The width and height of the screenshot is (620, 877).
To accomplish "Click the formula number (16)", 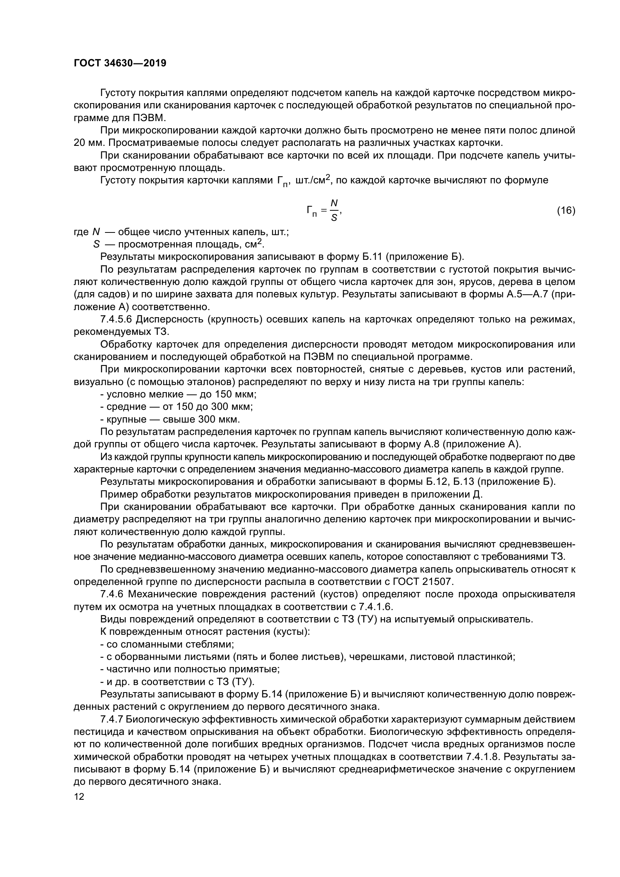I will coord(566,210).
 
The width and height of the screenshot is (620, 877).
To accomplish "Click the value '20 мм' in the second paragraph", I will coord(86,143).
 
